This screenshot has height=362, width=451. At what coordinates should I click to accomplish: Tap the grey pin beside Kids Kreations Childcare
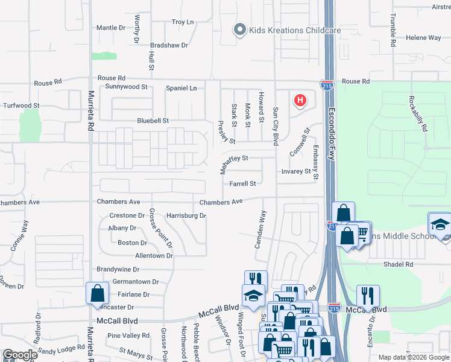coord(240,30)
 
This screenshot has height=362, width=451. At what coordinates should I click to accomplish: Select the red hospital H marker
coord(300,100)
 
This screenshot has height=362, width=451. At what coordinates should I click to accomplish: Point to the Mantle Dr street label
coord(110,28)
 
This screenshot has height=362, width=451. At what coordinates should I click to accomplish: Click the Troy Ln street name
coord(182,22)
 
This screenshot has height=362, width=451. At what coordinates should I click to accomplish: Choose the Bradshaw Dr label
coord(169,45)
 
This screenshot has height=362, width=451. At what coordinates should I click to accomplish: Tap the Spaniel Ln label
coord(181,88)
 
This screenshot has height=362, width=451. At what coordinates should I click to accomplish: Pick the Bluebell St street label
coord(153,121)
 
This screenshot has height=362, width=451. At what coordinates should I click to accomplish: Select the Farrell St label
coord(242,183)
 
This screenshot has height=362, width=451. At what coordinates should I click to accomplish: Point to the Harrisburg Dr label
coord(186,215)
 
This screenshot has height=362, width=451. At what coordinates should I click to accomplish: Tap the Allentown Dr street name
coord(154,256)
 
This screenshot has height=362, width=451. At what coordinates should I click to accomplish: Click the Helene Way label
coord(423,37)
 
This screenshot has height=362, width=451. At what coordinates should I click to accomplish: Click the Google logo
coord(20,355)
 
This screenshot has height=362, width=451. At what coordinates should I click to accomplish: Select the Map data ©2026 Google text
coord(413,357)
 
